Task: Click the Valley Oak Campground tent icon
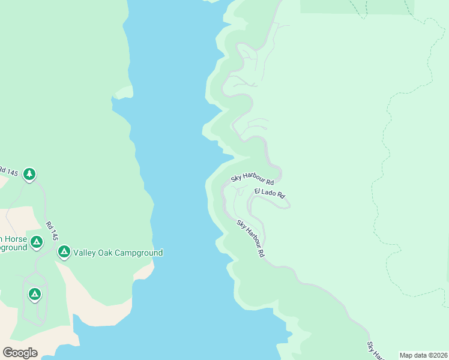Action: click(64, 251)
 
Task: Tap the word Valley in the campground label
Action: click(85, 253)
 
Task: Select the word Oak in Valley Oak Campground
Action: click(106, 253)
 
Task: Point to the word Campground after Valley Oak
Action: click(139, 253)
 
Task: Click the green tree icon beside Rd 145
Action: click(29, 174)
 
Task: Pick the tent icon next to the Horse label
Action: click(37, 241)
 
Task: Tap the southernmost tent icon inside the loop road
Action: click(34, 293)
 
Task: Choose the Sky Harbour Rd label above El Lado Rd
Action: click(253, 179)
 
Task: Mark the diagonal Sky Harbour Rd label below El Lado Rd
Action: click(250, 238)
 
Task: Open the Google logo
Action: click(20, 353)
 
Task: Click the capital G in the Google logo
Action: click(8, 352)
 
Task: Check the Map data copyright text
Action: click(423, 355)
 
